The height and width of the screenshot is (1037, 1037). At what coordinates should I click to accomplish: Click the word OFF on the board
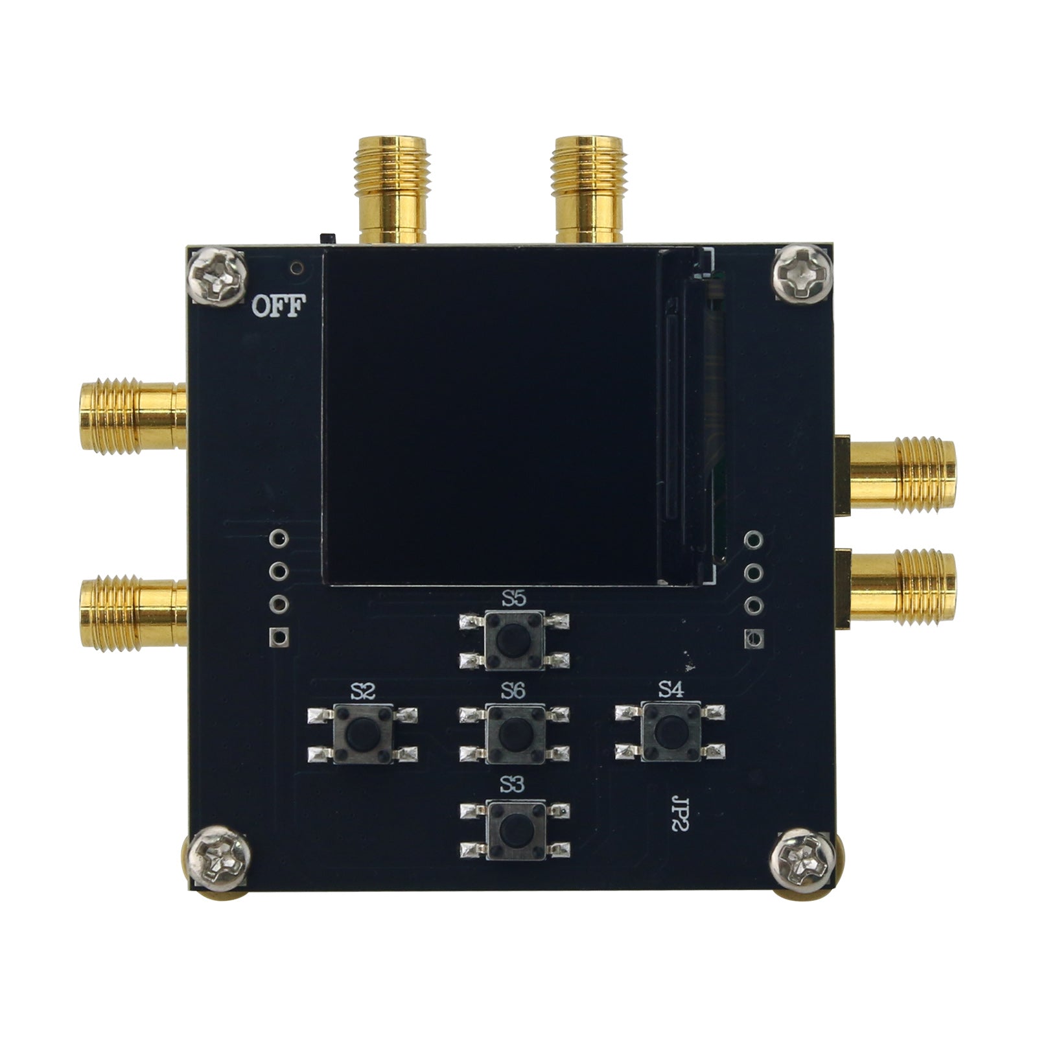pos(277,307)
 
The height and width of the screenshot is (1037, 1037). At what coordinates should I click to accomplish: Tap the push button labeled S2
pos(362,734)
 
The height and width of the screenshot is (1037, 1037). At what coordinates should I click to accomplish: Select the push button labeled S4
pos(670,732)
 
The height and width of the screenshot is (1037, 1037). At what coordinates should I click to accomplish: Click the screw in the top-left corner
pos(219,276)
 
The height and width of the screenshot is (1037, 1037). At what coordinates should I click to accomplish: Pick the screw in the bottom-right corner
pos(806,859)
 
